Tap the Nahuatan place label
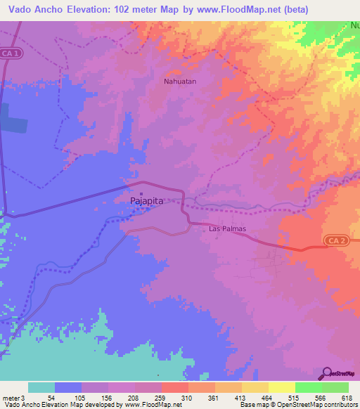179,81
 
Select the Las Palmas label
226,228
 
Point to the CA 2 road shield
336,240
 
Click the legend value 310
187,397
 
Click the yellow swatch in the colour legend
281,387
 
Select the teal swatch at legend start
41,387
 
